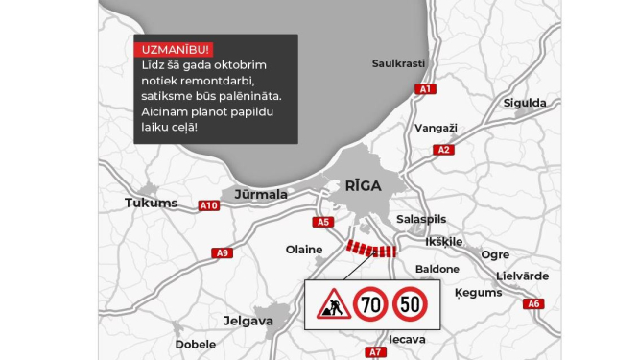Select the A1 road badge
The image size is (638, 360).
point(426,88)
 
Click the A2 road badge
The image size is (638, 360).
point(443,150)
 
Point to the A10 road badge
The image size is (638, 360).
point(209,205)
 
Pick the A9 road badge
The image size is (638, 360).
point(223,252)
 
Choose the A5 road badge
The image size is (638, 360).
point(323,222)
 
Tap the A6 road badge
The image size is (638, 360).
point(534,303)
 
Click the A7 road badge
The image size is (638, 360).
point(376,352)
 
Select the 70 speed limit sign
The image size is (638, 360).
point(370,305)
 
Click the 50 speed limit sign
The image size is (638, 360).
point(412,305)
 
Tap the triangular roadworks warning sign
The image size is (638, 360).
point(331,305)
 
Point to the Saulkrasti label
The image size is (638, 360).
point(399,63)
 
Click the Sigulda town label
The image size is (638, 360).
point(524,103)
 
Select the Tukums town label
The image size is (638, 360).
point(152,203)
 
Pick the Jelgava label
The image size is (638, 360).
point(248,321)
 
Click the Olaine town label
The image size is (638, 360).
point(304,250)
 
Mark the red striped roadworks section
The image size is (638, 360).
point(371,250)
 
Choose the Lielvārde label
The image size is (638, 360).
point(522,276)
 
